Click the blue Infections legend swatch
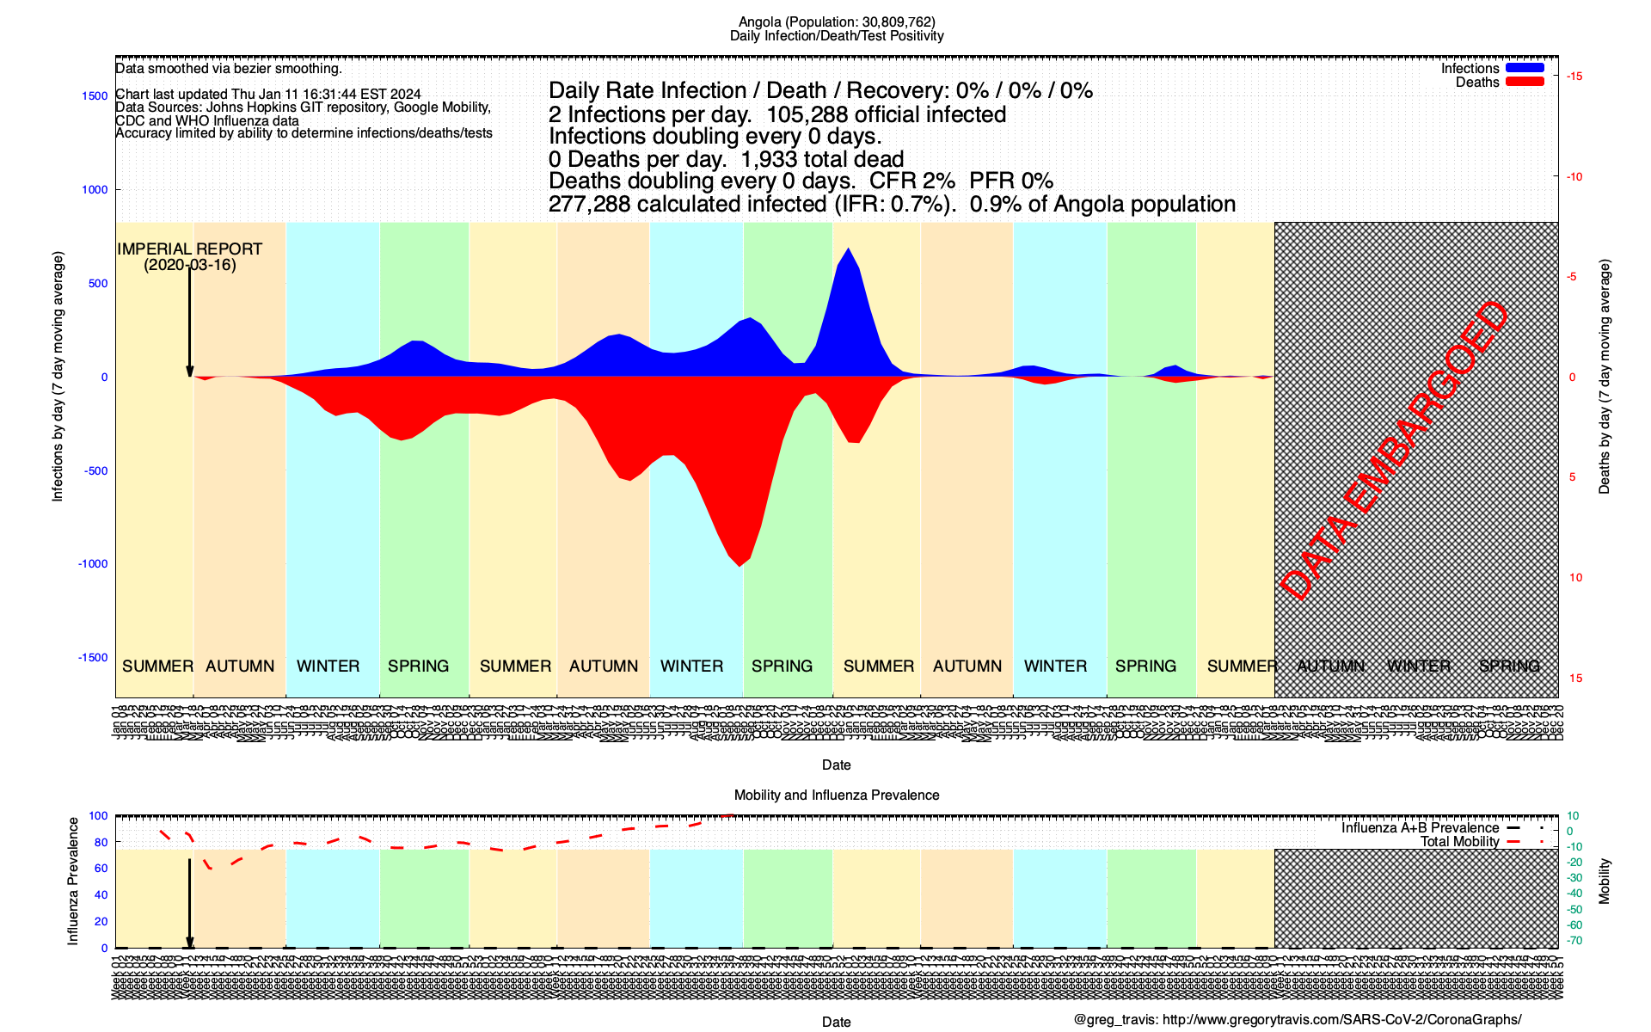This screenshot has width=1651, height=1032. click(1525, 68)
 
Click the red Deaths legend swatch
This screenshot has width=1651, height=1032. click(1525, 82)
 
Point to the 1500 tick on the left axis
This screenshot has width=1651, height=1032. click(95, 96)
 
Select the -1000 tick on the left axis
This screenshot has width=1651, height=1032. click(93, 564)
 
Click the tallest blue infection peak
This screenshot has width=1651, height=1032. click(849, 250)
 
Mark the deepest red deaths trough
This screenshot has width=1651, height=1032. click(740, 564)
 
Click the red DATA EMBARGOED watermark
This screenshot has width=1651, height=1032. click(1393, 451)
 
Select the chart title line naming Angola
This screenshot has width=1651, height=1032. click(837, 21)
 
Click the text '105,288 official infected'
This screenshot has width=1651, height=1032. click(886, 114)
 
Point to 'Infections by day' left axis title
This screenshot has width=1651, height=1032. click(58, 377)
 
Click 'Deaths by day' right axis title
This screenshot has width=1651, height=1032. click(1604, 377)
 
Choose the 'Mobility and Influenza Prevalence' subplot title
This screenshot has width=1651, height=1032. click(837, 795)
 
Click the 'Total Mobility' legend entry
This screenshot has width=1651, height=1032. click(1459, 842)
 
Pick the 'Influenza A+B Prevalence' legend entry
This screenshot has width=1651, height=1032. click(1420, 828)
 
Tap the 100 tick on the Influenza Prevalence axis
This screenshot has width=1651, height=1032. click(98, 816)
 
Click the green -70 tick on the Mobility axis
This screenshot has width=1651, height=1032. click(1574, 941)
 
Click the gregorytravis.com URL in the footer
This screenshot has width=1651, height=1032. click(1341, 1020)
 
